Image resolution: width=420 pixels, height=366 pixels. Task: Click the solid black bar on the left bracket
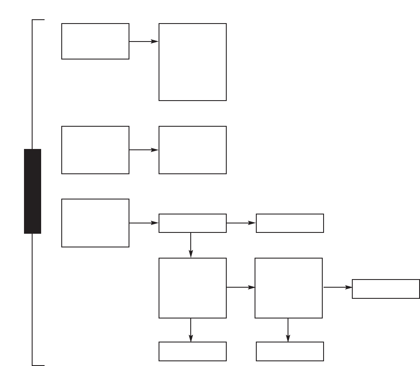[x=33, y=191]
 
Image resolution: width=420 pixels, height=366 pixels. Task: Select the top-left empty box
[x=95, y=41]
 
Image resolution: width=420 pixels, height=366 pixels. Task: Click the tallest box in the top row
[x=192, y=62]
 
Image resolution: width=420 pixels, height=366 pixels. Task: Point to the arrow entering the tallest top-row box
[x=144, y=42]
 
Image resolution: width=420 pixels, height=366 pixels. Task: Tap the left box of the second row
[x=95, y=150]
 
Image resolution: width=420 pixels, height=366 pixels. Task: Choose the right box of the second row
[x=192, y=150]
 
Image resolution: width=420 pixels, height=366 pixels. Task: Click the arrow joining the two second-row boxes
[x=144, y=150]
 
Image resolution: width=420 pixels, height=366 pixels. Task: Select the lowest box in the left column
[x=95, y=223]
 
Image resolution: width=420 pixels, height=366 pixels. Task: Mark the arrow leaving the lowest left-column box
[x=144, y=223]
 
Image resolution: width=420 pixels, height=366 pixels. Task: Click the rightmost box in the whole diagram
[x=386, y=289]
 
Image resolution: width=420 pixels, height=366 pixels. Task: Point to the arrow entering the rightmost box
[x=337, y=288]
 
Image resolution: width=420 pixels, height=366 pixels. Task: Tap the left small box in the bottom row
[x=192, y=351]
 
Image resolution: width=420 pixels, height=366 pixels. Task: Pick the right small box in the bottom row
[x=290, y=351]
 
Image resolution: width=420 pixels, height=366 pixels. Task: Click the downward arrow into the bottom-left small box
[x=190, y=330]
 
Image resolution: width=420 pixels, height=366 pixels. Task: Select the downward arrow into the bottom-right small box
[x=288, y=330]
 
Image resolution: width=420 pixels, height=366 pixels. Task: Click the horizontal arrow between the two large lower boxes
[x=240, y=288]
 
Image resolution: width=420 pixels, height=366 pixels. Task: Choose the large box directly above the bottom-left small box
[x=192, y=288]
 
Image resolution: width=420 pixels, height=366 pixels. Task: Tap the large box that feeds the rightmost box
[x=288, y=288]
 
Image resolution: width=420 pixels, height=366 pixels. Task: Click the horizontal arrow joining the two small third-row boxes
[x=241, y=223]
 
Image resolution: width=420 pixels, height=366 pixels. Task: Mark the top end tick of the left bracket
[x=39, y=20]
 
